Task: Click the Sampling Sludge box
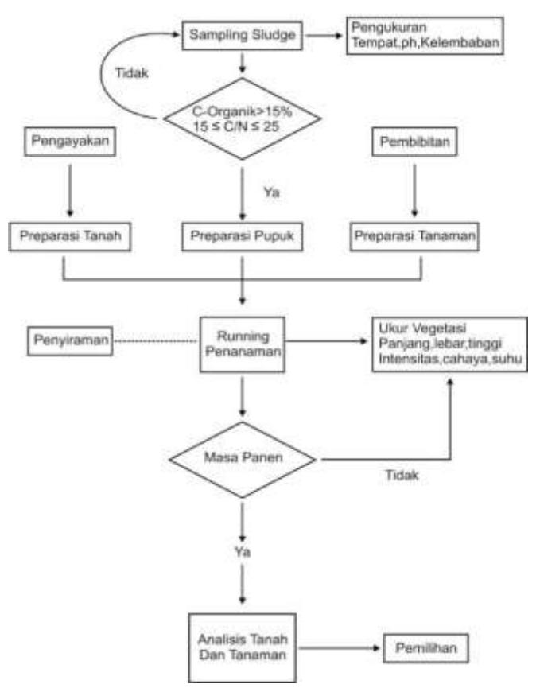coord(243,35)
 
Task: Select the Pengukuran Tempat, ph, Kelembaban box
coord(425,35)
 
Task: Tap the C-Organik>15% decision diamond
coord(243,119)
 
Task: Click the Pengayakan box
coord(70,142)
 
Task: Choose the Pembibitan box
coord(414,142)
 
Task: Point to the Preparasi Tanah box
coord(70,236)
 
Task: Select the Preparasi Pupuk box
coord(243,236)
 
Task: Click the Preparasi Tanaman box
coord(414,236)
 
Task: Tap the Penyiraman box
coord(70,340)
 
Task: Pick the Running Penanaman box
coord(243,344)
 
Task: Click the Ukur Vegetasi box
coord(449,344)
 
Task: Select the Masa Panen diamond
coord(243,460)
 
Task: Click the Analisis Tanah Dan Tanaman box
coord(243,647)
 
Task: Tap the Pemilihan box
coord(426,648)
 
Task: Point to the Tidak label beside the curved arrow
coord(131,73)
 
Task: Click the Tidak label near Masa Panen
coord(402,476)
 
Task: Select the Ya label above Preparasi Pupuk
coord(271,192)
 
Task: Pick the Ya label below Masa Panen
coord(243,552)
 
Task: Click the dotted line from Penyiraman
coord(156,340)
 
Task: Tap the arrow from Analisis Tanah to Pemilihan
coord(339,648)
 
